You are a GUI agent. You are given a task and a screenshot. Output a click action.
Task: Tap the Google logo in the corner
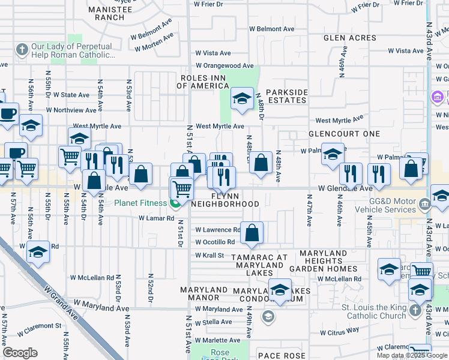20,353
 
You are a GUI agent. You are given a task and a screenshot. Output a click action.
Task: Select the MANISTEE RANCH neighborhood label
106,14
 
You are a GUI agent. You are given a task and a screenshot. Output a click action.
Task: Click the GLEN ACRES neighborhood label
350,38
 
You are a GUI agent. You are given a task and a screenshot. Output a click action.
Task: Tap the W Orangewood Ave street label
223,66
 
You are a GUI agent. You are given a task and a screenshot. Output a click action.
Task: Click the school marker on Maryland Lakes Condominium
279,290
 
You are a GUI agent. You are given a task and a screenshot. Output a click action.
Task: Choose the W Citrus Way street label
339,331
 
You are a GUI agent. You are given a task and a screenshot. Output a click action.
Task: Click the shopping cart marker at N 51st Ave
182,188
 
